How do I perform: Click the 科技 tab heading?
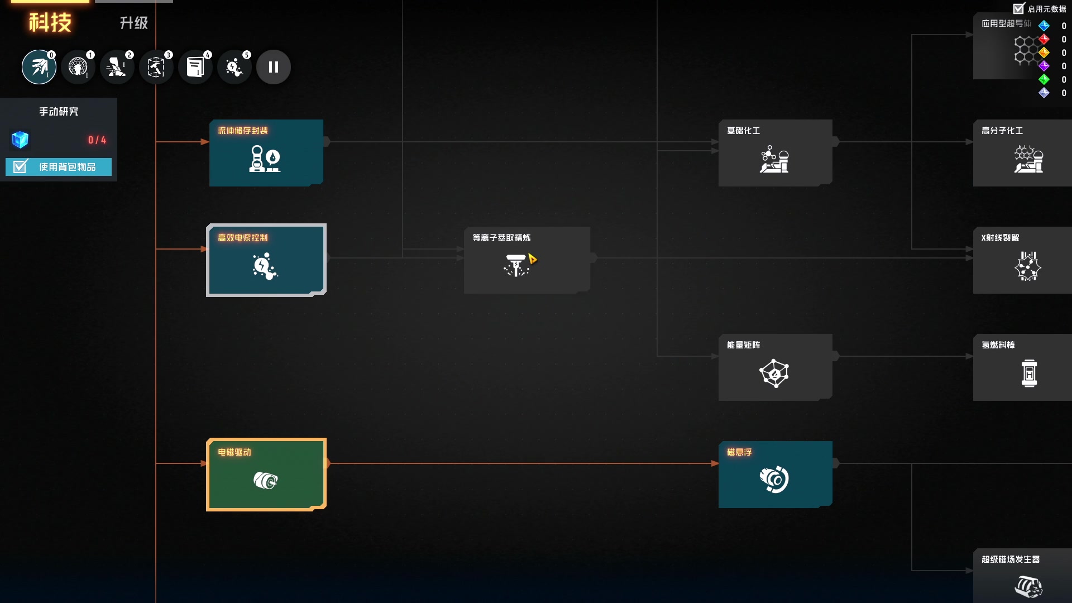[50, 22]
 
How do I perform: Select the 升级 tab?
[134, 23]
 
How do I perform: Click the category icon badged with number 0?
[39, 67]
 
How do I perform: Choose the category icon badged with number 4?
[195, 67]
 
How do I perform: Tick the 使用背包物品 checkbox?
[20, 167]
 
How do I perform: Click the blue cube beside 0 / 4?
[20, 140]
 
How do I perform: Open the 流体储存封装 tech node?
[266, 152]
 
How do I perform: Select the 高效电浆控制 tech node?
[266, 260]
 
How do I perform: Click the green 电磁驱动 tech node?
[266, 474]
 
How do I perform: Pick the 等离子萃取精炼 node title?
[501, 238]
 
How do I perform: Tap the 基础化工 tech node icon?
[774, 160]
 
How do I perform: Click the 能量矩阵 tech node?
[775, 367]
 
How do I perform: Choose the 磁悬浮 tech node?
[775, 474]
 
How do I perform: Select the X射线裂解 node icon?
[1028, 266]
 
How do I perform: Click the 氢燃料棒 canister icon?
[1029, 373]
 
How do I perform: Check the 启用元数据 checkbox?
[1019, 8]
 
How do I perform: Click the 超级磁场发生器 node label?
[1011, 559]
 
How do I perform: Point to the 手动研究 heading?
[59, 112]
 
